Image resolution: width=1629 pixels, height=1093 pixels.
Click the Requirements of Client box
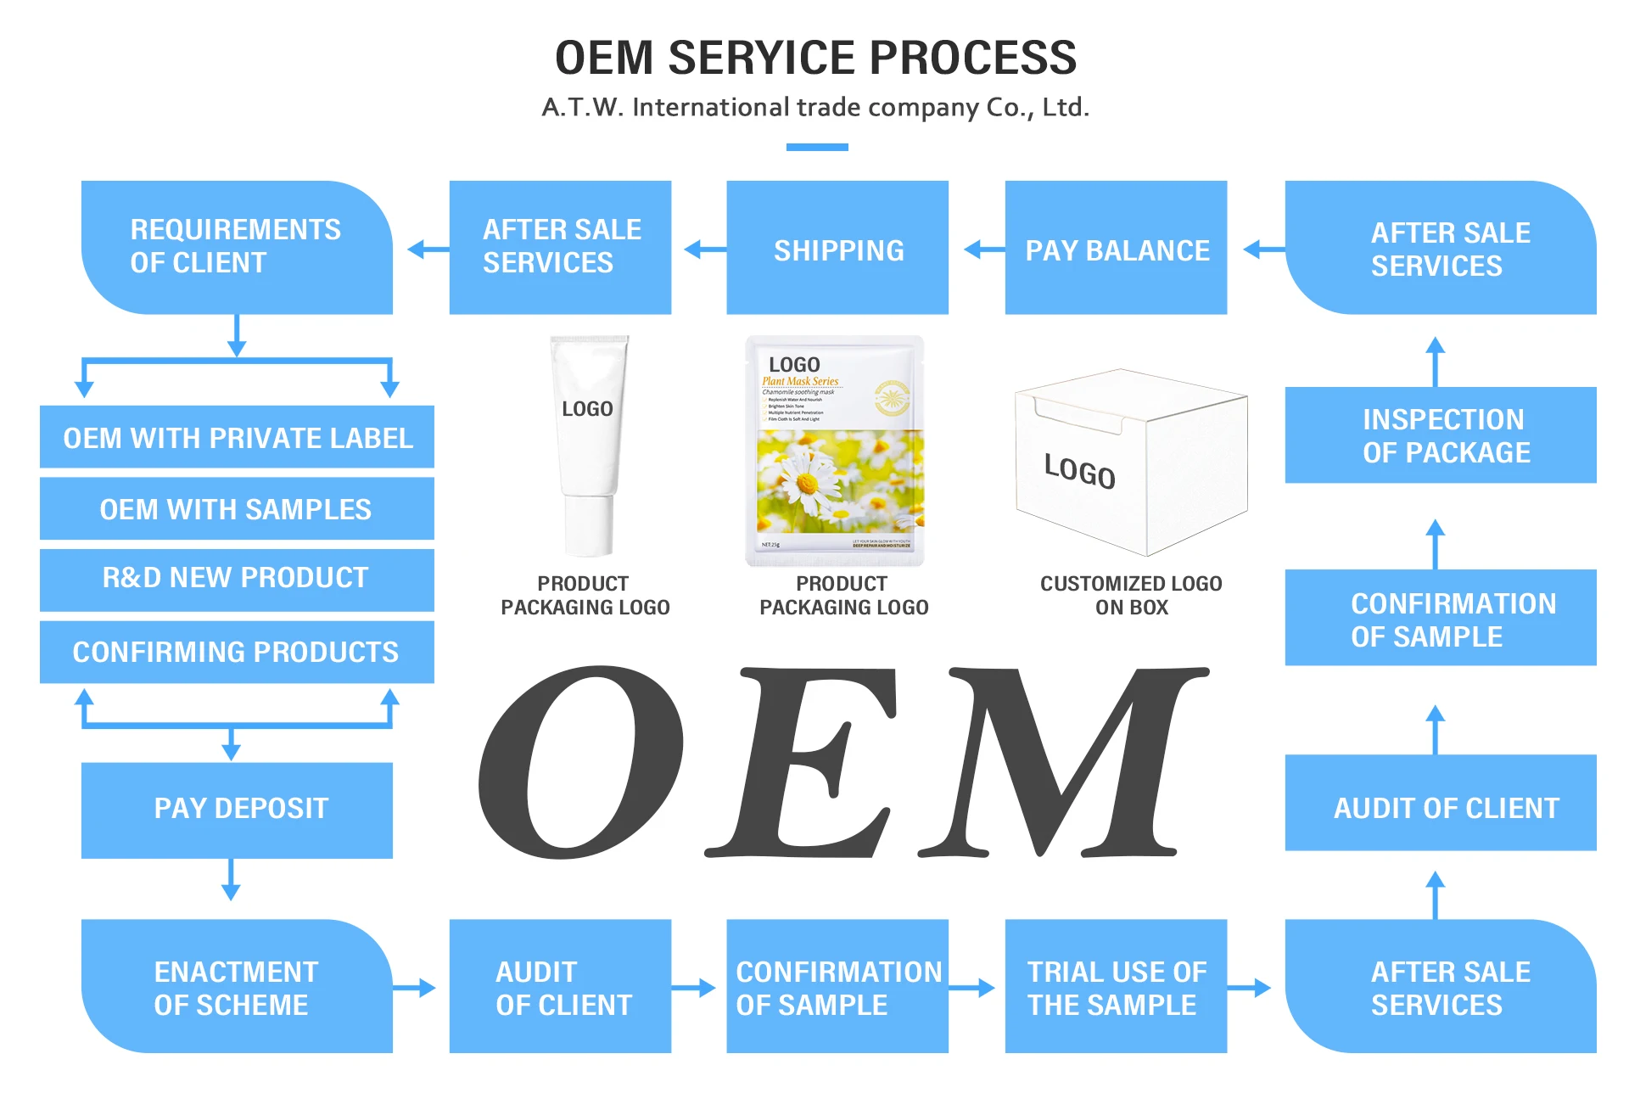click(x=237, y=247)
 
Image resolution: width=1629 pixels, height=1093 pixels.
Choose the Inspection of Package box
click(x=1440, y=435)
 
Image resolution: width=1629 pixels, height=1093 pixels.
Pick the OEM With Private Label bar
click(x=237, y=437)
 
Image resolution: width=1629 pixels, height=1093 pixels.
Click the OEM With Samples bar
click(x=237, y=508)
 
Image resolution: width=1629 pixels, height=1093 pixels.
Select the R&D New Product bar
click(x=237, y=579)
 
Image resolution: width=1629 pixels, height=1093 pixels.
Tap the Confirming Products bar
click(x=237, y=652)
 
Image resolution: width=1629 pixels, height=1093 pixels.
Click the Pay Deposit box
click(x=237, y=809)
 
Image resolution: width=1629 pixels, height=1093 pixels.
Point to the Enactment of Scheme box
click(x=237, y=986)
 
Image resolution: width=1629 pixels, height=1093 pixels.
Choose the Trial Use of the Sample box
click(x=1116, y=986)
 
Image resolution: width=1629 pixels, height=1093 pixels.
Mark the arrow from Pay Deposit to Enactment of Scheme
click(x=231, y=880)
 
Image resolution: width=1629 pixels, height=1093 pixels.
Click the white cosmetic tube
click(x=588, y=446)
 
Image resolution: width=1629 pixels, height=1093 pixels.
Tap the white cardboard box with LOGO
click(x=1131, y=462)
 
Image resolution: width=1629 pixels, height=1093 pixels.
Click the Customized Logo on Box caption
click(x=1131, y=595)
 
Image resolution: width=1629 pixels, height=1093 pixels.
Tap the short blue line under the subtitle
click(x=816, y=148)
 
